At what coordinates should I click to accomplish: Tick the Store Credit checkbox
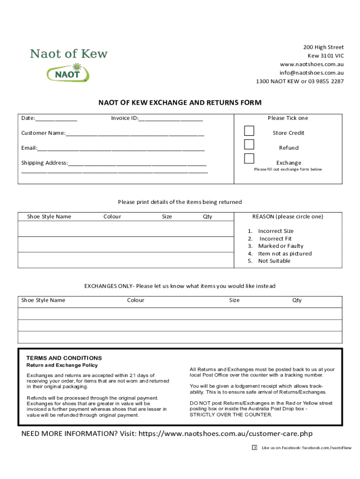click(250, 130)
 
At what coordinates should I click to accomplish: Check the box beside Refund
click(250, 144)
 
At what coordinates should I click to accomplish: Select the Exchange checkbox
click(250, 158)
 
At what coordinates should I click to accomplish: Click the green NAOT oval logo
click(68, 73)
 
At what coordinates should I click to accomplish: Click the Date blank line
click(57, 119)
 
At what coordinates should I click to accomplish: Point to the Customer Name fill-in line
click(135, 134)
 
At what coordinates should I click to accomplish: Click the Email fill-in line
click(121, 149)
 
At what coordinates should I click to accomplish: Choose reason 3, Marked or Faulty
click(280, 246)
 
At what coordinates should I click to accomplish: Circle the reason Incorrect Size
click(275, 231)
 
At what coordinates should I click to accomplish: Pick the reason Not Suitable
click(274, 261)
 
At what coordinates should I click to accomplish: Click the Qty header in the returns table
click(208, 217)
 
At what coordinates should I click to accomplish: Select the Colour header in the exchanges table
click(136, 300)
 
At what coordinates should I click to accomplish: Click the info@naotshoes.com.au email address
click(311, 73)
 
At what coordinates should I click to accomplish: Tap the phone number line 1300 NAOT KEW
click(299, 81)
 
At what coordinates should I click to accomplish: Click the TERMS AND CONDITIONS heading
click(64, 358)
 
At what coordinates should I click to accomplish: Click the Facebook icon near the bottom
click(255, 448)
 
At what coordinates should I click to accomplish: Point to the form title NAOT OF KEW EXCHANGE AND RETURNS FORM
click(180, 102)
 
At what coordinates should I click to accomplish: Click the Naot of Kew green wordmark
click(69, 54)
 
